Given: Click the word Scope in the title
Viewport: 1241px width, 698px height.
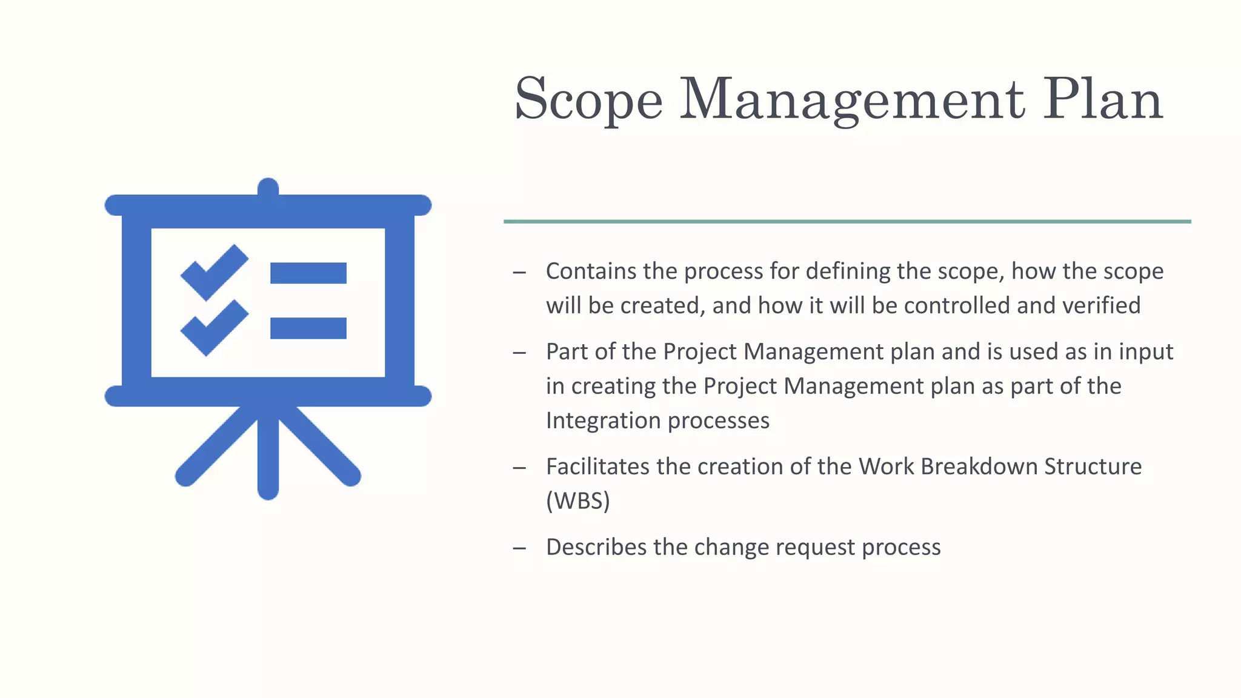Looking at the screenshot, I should coord(588,100).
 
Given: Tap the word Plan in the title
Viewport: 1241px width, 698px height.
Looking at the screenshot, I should coord(1102,100).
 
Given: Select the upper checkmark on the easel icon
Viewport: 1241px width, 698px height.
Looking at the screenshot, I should coord(214,273).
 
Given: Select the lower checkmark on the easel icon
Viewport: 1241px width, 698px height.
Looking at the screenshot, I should coord(214,328).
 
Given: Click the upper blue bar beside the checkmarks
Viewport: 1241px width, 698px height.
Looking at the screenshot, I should coord(308,273).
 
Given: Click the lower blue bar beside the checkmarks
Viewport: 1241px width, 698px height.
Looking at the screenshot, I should coord(308,328).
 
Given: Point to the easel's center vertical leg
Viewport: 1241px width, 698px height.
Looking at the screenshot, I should coord(268,454).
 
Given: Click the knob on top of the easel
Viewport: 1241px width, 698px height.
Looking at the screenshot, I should coord(268,187).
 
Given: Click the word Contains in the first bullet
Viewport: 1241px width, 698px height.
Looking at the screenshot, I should coord(591,271).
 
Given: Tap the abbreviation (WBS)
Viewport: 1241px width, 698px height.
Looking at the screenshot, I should coord(577,501).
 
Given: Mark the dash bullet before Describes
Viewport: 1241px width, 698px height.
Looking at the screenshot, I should coord(519,548).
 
